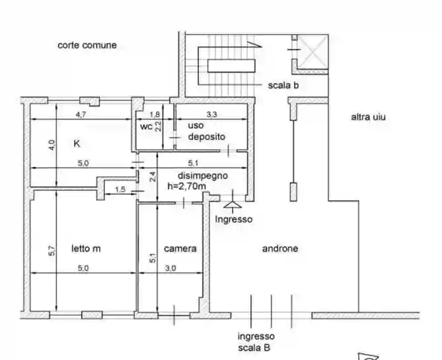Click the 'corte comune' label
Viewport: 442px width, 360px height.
click(87, 45)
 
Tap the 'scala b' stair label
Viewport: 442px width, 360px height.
click(283, 85)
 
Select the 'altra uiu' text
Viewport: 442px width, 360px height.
click(368, 117)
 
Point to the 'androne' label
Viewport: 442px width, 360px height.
click(280, 248)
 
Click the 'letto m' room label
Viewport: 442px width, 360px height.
click(86, 248)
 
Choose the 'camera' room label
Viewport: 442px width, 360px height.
click(180, 248)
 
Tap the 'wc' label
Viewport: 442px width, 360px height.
click(146, 127)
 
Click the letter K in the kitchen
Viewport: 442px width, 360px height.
click(77, 143)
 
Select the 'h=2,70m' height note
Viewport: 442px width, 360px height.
click(186, 186)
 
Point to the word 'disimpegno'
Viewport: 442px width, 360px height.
click(203, 176)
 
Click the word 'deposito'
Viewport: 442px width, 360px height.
click(207, 137)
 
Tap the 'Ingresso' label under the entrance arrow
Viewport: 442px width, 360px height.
click(234, 219)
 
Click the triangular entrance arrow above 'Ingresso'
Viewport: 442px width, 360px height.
click(233, 204)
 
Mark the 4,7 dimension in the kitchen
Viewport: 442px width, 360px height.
click(81, 115)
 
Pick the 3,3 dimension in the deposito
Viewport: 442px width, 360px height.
click(211, 114)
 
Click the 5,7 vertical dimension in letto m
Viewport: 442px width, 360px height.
click(52, 251)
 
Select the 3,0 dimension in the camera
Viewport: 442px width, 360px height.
click(170, 268)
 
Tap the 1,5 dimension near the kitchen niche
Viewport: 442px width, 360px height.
click(120, 190)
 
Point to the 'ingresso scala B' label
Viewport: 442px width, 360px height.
click(256, 342)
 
